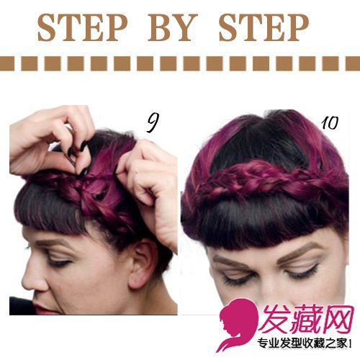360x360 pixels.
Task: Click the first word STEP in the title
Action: tap(82, 27)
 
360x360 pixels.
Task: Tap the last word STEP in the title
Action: tap(264, 27)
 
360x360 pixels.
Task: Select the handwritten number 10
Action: tap(330, 123)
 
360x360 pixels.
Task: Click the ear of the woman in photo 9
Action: tap(141, 264)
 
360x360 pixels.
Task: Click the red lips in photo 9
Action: tap(42, 309)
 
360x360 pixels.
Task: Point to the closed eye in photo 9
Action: tap(59, 262)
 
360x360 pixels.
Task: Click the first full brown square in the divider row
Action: tap(30, 63)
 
